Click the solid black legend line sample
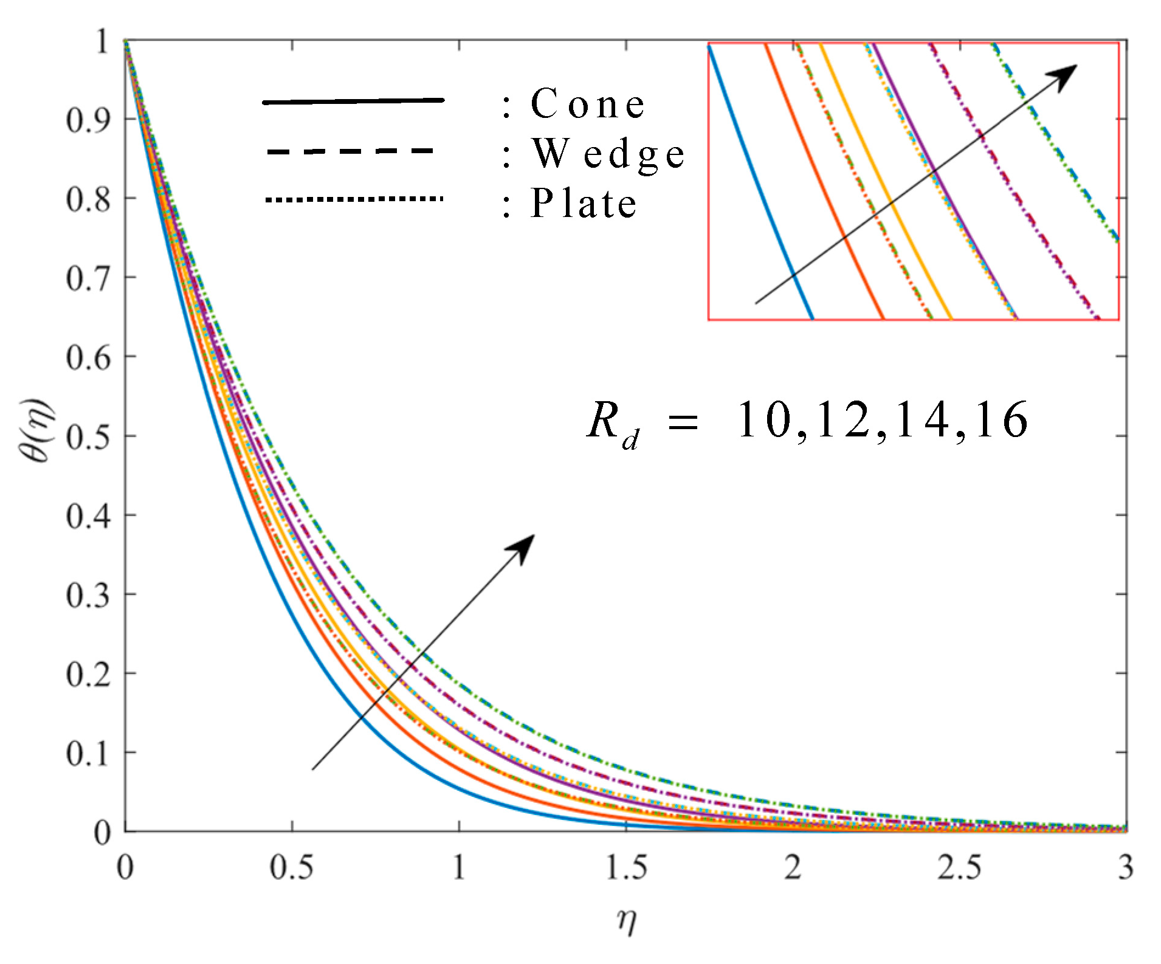pos(353,102)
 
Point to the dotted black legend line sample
pos(354,199)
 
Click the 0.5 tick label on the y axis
pos(88,436)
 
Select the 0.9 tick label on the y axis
pos(88,120)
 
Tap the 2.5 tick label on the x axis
pos(959,867)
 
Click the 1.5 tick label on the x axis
pos(626,867)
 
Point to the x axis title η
pos(626,920)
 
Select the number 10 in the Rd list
pos(763,420)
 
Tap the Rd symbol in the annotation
pos(611,424)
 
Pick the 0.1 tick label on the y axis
pos(88,754)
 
